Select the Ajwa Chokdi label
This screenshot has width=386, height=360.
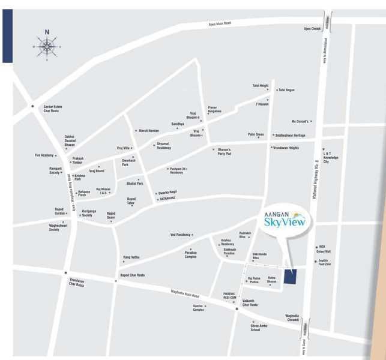(x=312, y=29)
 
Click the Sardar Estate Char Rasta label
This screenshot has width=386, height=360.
(x=51, y=109)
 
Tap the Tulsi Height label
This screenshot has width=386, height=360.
(x=260, y=85)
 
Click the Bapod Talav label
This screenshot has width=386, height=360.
(x=131, y=201)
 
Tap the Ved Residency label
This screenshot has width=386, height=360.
(x=180, y=235)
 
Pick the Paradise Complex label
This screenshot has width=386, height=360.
(x=190, y=254)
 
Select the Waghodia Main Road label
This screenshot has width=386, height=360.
(x=185, y=294)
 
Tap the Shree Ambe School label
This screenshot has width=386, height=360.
(x=260, y=328)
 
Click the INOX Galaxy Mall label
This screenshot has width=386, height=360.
(x=324, y=249)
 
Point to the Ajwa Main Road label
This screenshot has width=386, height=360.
(x=219, y=23)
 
